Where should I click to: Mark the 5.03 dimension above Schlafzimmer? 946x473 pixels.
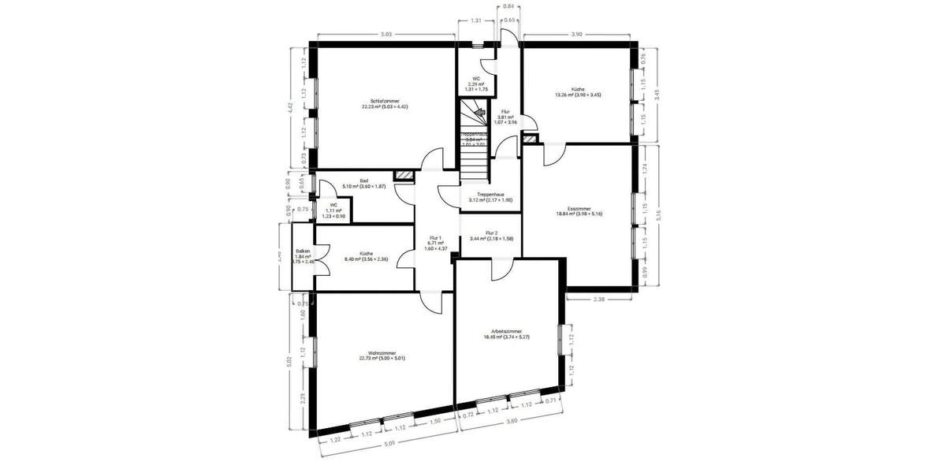[x=385, y=35]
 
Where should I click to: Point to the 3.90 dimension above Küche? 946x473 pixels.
[x=577, y=35]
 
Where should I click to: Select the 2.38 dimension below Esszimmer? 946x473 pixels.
[x=599, y=300]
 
